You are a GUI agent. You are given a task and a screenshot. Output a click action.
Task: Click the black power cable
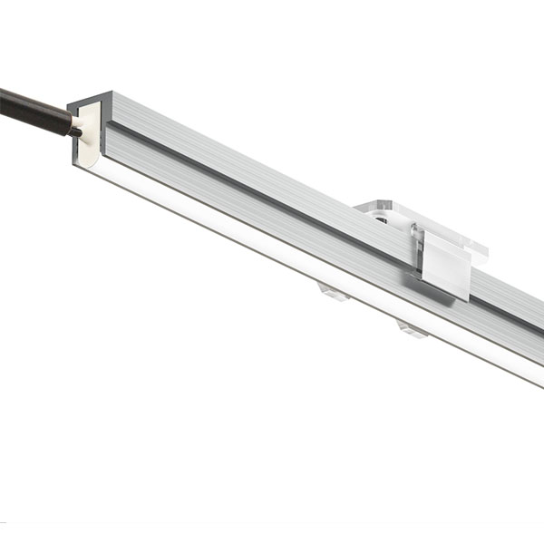point(32,111)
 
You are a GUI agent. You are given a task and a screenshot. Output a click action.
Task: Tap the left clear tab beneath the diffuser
point(334,291)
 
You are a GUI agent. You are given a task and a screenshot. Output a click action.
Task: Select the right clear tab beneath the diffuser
point(413,327)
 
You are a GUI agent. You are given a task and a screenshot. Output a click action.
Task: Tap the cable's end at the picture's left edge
point(4,99)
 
